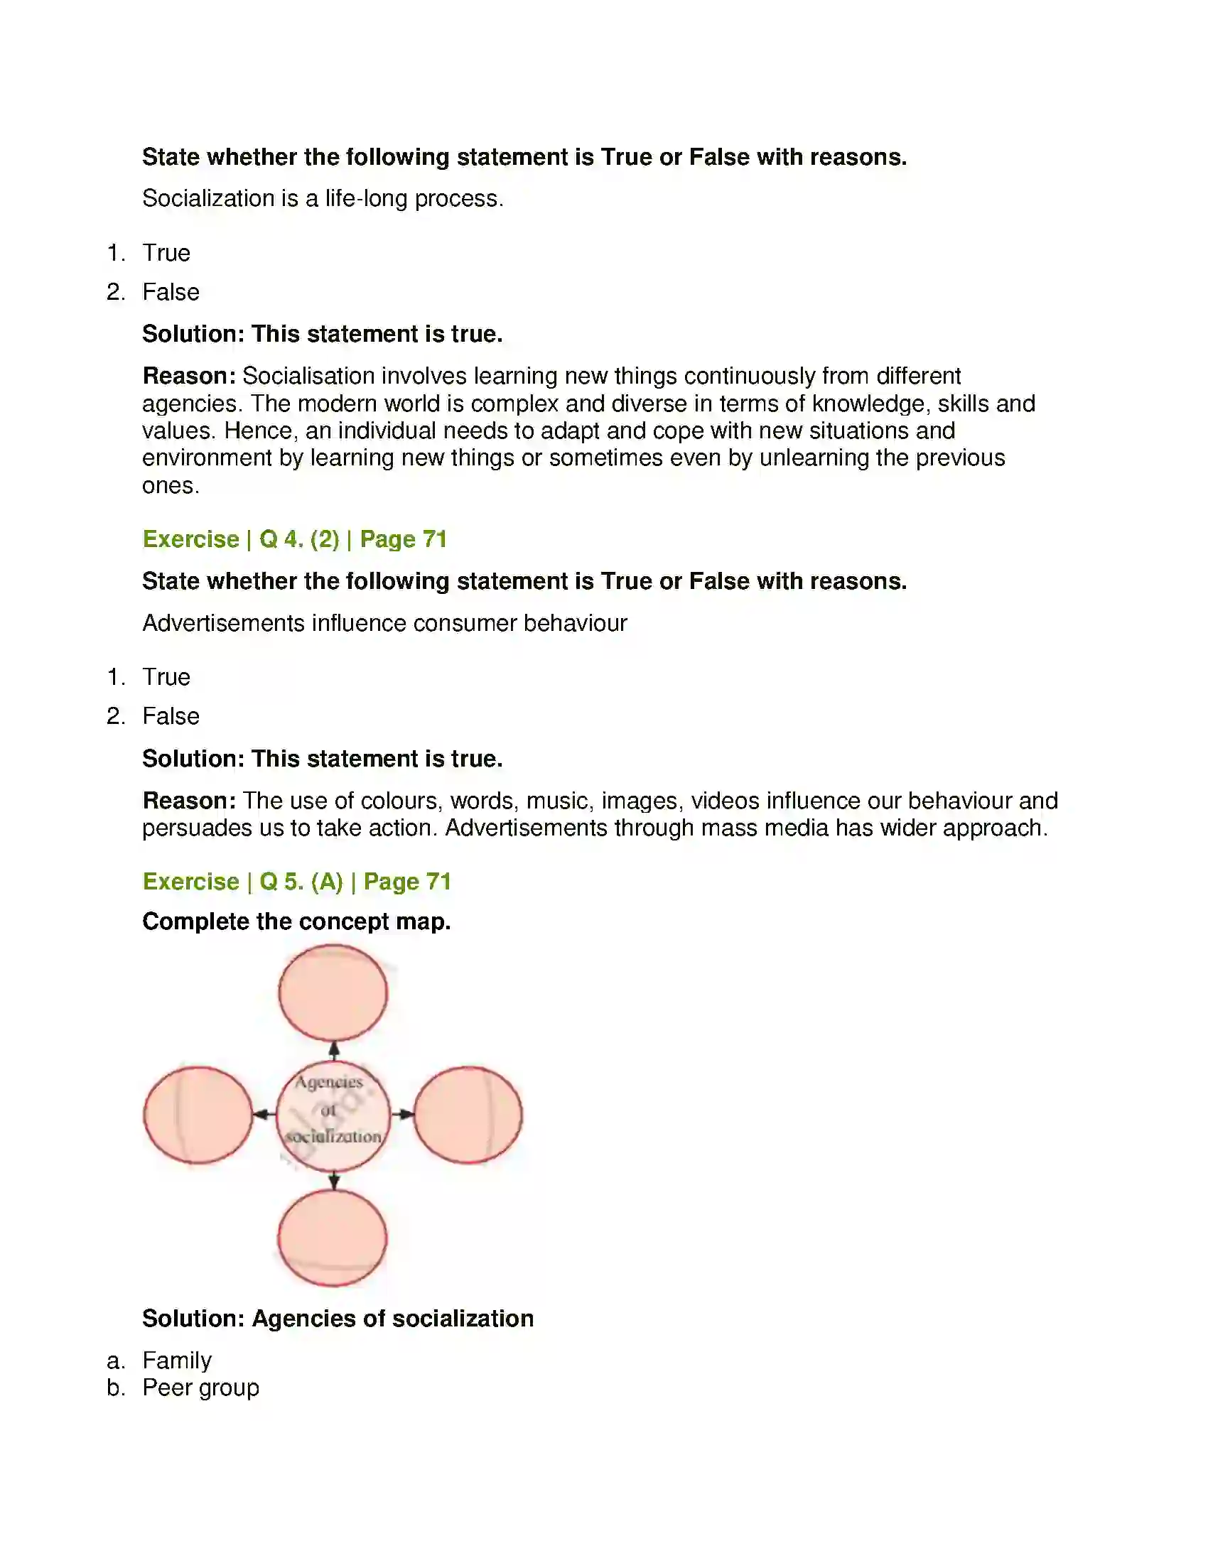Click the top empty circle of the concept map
[x=333, y=993]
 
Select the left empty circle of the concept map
[x=198, y=1115]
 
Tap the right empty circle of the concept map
[x=468, y=1114]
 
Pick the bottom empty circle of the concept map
[x=332, y=1238]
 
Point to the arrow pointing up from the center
[x=333, y=1051]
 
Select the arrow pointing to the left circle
[x=264, y=1114]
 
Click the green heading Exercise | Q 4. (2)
[x=294, y=539]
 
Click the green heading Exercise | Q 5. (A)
[x=296, y=881]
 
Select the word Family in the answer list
[x=177, y=1360]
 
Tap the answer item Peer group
[x=200, y=1387]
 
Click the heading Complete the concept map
[x=296, y=921]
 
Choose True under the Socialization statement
[x=166, y=253]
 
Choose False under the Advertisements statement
[x=171, y=715]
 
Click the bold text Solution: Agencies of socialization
[x=338, y=1318]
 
